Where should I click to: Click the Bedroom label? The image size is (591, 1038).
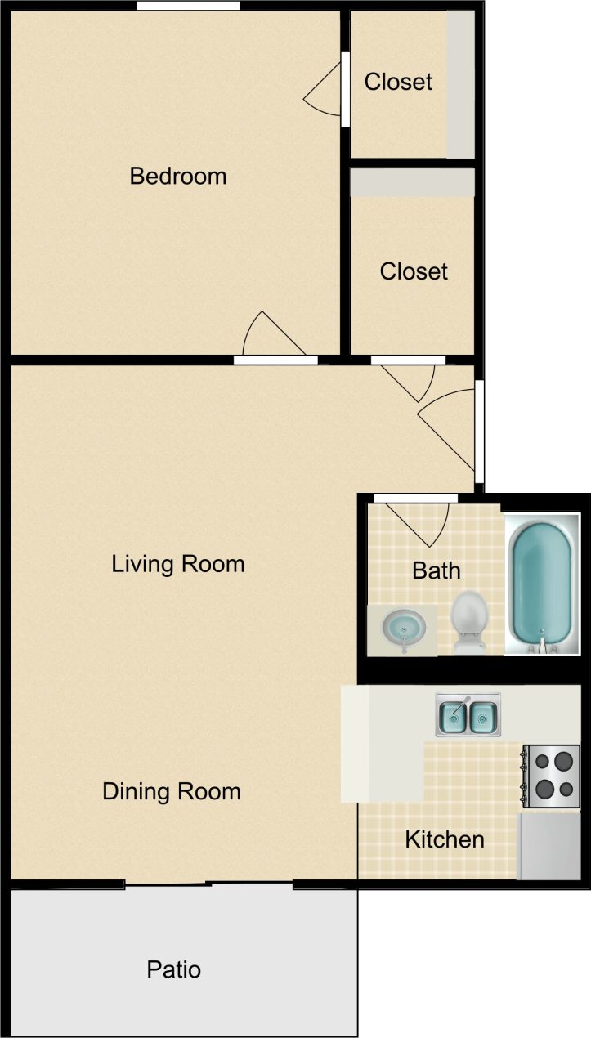click(177, 176)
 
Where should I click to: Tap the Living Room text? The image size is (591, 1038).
click(178, 564)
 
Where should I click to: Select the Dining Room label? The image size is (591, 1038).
click(172, 791)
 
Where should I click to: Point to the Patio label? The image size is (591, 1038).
click(173, 969)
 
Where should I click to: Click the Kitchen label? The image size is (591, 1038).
click(445, 839)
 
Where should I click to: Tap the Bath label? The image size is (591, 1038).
click(437, 570)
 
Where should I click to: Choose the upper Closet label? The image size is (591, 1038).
click(398, 82)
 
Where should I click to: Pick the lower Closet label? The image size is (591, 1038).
click(414, 271)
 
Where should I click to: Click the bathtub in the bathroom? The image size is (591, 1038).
click(540, 584)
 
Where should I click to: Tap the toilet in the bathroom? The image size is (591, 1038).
click(469, 622)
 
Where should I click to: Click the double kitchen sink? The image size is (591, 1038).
click(468, 717)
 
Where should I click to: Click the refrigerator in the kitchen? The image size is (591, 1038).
click(549, 845)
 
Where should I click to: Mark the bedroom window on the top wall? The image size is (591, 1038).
click(188, 6)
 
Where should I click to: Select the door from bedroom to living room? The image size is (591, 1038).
click(276, 339)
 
